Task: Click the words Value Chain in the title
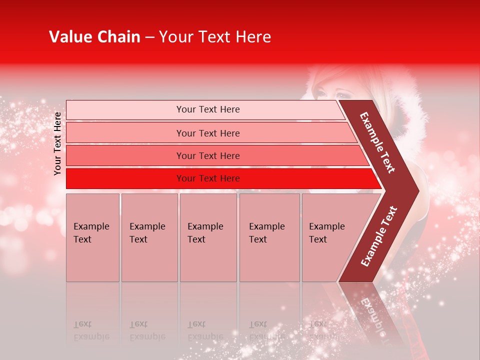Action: point(94,37)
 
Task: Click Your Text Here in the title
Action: point(215,37)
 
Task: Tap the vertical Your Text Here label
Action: point(57,143)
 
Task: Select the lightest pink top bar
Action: point(207,109)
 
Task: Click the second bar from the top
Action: point(207,133)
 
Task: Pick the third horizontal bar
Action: point(207,155)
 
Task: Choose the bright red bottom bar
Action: point(207,178)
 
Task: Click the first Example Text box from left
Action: point(92,237)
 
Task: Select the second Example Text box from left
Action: point(149,237)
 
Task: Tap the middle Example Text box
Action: point(208,237)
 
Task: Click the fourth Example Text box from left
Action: point(269,237)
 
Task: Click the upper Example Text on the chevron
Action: point(377,142)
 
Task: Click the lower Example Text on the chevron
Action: point(379,236)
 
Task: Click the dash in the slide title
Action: point(149,37)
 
